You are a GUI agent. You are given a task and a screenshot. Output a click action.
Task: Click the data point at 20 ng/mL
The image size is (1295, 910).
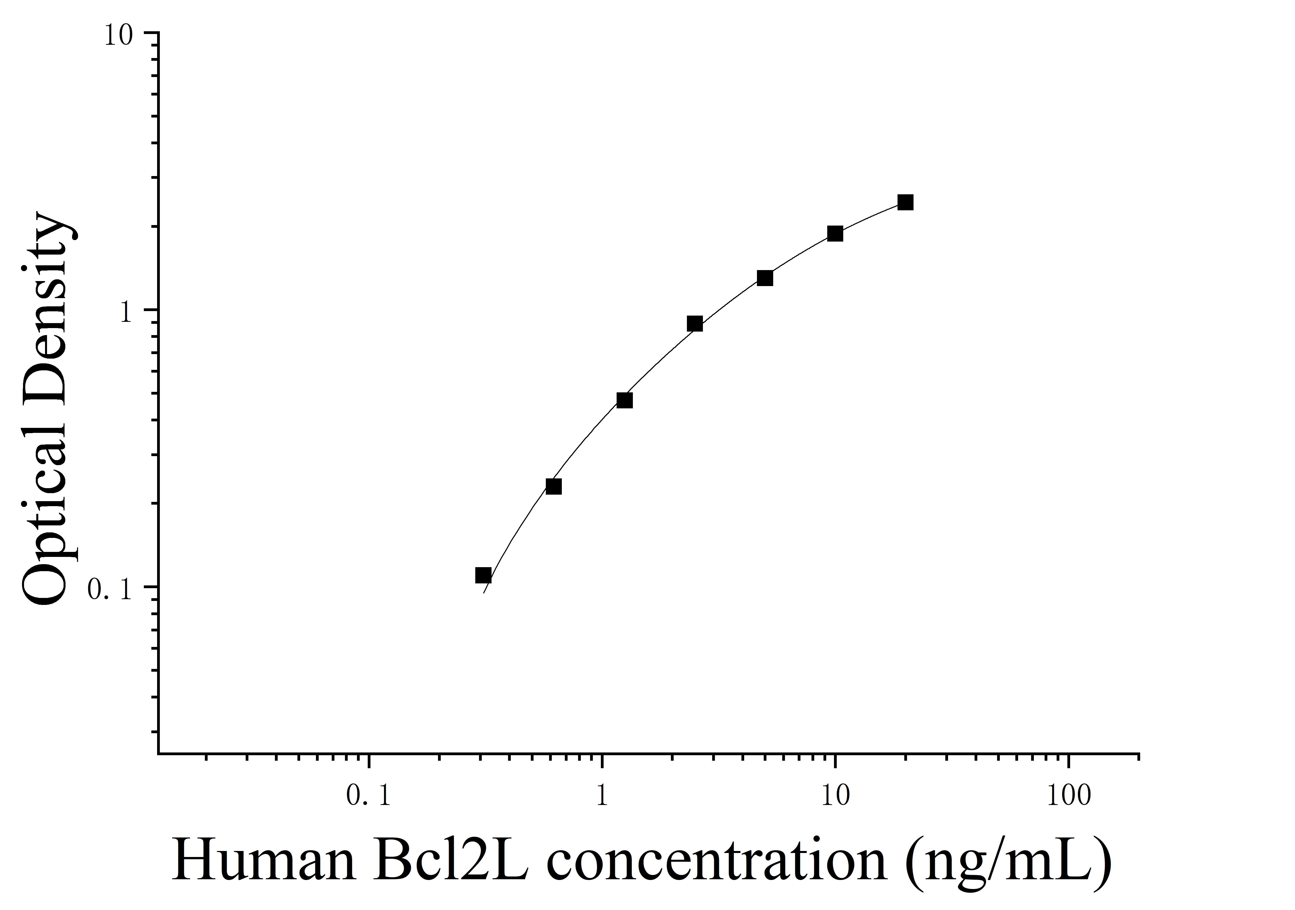[905, 202]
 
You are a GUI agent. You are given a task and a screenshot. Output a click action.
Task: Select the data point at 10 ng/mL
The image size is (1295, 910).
[835, 233]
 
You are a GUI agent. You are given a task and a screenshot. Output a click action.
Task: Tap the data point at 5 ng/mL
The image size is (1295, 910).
[765, 278]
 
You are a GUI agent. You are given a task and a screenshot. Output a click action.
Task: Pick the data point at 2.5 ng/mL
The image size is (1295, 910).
[695, 324]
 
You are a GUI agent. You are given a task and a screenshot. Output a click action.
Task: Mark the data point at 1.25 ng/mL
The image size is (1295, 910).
[624, 400]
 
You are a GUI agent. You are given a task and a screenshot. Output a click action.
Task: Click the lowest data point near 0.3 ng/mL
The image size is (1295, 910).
[483, 575]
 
